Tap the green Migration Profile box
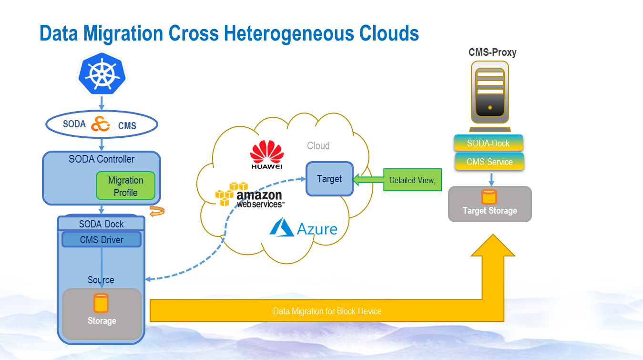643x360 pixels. coord(126,186)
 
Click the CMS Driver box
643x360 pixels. coord(102,240)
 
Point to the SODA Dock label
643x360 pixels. coord(101,224)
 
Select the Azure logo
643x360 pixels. coord(303,228)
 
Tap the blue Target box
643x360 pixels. coord(329,179)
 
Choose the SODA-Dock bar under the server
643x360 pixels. coord(489,143)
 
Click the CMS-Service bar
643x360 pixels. coord(490,162)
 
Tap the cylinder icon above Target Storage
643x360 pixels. coord(489,196)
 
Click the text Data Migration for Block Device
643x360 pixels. coord(327,311)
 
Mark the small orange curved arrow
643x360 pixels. coord(157,211)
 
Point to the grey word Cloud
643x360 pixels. coord(318,145)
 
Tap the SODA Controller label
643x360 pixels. coord(102,159)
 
